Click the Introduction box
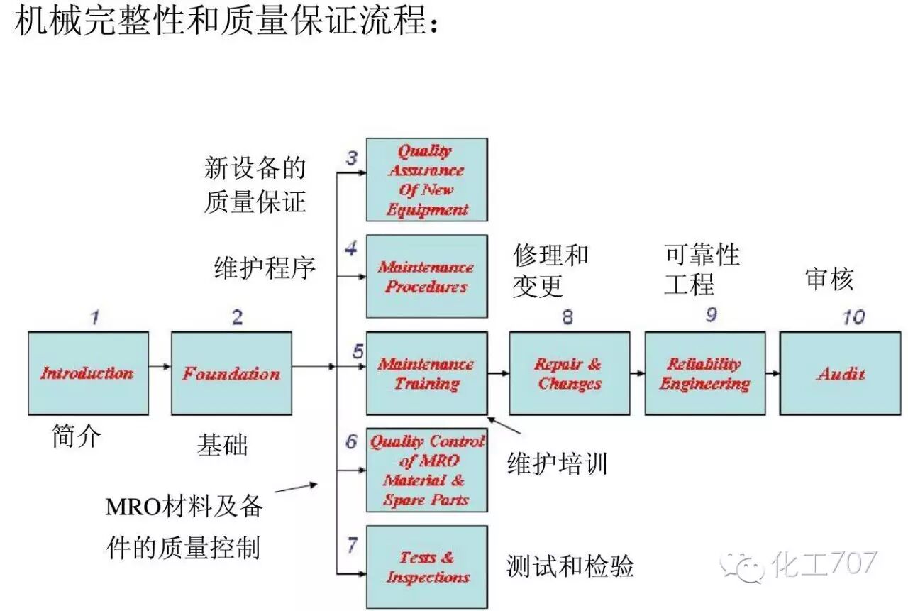coord(88,373)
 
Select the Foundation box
coord(231,373)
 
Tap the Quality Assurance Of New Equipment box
coord(426,180)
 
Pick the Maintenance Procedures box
coord(426,276)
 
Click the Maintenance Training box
coord(426,373)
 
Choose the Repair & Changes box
coord(569,373)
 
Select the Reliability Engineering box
coord(704,373)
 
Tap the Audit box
coord(841,373)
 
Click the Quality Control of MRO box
coord(426,470)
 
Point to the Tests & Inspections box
coord(426,566)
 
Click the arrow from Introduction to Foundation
coord(160,366)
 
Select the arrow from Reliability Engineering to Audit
coord(773,372)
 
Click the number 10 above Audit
coord(853,316)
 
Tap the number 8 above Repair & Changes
coord(567,317)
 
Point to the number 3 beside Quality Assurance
coord(352,158)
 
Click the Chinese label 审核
coord(829,280)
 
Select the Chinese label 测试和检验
coord(570,566)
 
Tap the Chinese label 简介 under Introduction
coord(77,435)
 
